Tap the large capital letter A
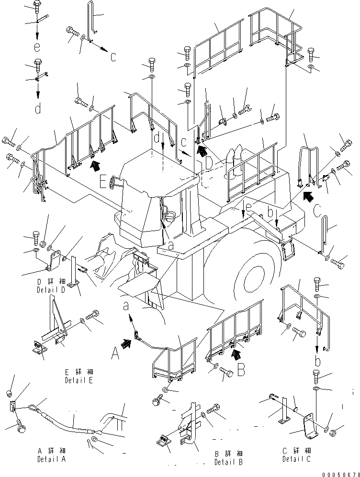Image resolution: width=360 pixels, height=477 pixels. tap(114, 354)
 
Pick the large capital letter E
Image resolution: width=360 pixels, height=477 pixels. tap(103, 181)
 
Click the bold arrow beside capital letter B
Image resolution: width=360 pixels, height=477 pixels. tap(235, 354)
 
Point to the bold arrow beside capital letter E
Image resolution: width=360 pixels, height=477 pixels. tap(96, 166)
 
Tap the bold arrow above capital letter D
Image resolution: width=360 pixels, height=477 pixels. tap(203, 152)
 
